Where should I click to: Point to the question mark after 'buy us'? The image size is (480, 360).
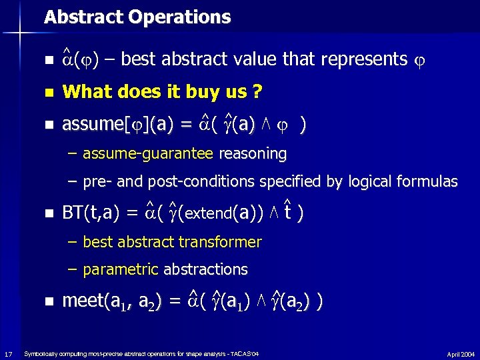pos(257,91)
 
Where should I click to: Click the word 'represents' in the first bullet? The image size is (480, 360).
pos(364,59)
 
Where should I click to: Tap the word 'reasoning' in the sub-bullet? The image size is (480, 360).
pos(253,154)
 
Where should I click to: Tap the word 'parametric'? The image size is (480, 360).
pos(121,269)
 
